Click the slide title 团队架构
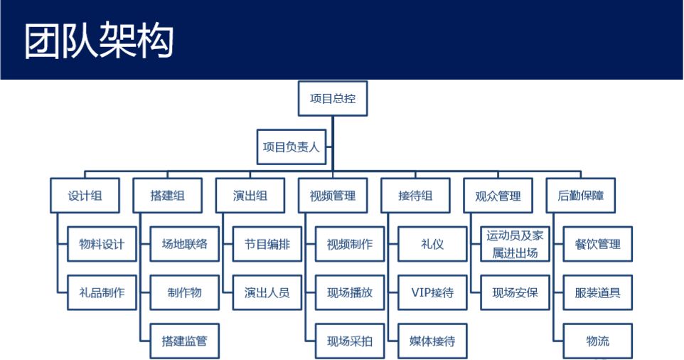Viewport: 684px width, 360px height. [99, 41]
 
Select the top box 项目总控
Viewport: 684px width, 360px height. [333, 98]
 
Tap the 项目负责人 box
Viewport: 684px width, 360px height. [292, 147]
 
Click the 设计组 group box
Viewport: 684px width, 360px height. [85, 196]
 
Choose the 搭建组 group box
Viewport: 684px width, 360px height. [168, 196]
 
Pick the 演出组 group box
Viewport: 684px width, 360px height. [250, 196]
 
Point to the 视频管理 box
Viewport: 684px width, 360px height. [333, 196]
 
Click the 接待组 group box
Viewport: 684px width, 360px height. [415, 196]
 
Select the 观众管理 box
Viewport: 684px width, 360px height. [498, 196]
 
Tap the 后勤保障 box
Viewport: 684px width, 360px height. [581, 196]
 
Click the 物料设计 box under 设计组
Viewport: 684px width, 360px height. [102, 244]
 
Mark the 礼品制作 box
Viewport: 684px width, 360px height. [102, 292]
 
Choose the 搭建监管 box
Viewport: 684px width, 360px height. [185, 341]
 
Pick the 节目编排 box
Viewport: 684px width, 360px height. [267, 244]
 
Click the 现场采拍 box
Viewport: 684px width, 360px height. [350, 341]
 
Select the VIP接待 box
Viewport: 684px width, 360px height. [432, 292]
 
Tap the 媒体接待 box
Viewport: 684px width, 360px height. [432, 341]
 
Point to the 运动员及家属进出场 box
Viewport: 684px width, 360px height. [515, 244]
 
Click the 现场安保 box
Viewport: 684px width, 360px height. [515, 292]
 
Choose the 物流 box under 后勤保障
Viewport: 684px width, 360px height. [598, 341]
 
